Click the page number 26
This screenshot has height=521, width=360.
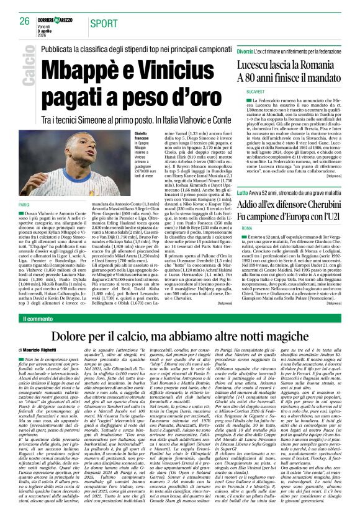tap(25, 21)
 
